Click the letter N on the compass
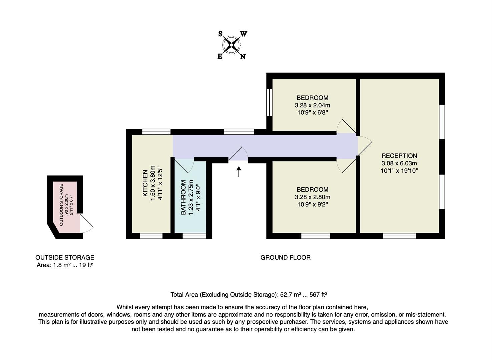[x=243, y=57]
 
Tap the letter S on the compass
[x=220, y=34]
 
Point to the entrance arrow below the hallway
[x=239, y=172]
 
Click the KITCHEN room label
[x=145, y=183]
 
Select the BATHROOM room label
[x=183, y=197]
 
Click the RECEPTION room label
[x=399, y=156]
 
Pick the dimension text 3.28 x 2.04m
[x=312, y=105]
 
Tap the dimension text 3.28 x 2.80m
[x=312, y=197]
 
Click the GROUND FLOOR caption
[x=285, y=257]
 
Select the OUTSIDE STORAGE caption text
[x=65, y=257]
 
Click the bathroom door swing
[x=185, y=166]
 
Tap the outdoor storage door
[x=86, y=224]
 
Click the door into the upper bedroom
[x=346, y=127]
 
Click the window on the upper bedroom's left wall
[x=269, y=102]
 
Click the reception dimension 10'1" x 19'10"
[x=399, y=171]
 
